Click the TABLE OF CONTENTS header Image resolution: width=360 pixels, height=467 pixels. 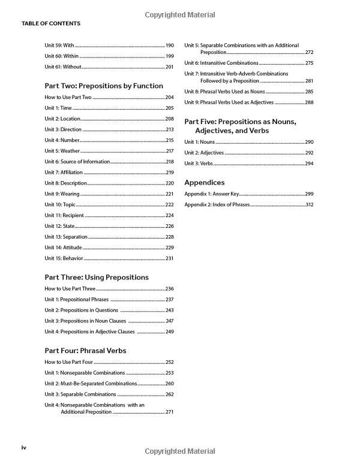tap(50, 23)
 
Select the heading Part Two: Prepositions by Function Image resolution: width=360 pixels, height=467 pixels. tap(104, 86)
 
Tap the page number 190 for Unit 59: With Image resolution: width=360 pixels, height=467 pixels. tap(170, 46)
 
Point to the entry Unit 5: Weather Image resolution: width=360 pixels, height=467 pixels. tap(62, 151)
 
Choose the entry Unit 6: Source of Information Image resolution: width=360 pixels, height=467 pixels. tap(77, 161)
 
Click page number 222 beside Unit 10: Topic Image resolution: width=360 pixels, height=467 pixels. tap(170, 204)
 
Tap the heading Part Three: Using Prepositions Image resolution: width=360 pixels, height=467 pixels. tap(97, 278)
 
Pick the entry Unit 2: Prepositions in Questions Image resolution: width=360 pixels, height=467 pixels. tap(81, 310)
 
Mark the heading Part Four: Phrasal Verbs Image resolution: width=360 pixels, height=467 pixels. tap(85, 351)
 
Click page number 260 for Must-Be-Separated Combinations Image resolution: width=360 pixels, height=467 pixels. tap(170, 383)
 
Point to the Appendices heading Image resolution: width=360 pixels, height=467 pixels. tap(205, 182)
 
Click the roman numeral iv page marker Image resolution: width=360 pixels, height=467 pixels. tap(24, 447)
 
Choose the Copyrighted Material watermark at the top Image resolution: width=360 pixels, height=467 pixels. tap(180, 14)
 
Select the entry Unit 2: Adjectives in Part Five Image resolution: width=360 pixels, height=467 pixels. tap(203, 153)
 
